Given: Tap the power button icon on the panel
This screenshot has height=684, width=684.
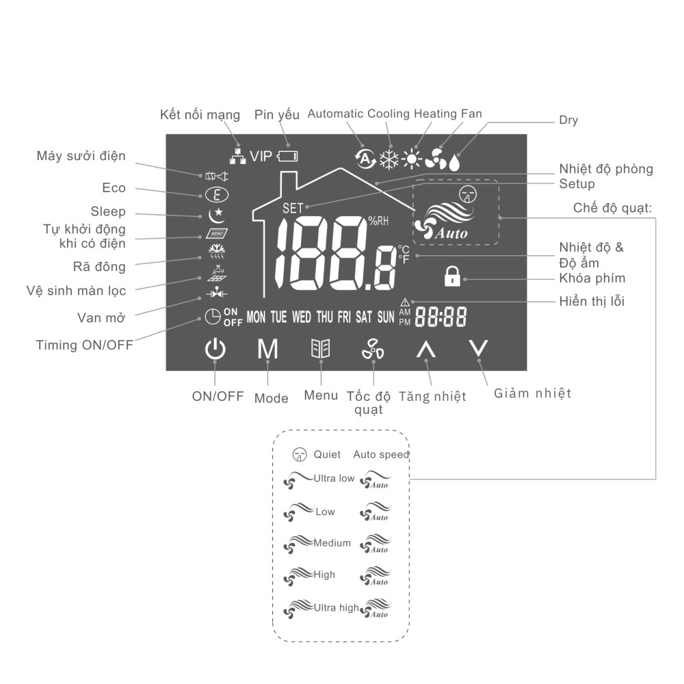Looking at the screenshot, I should point(215,350).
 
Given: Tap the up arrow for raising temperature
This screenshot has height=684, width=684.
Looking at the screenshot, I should point(426,350).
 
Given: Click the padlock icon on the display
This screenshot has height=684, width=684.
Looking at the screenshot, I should point(451,276).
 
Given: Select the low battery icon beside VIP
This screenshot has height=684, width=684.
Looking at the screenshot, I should point(288,157).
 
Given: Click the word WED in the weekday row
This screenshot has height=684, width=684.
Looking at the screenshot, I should point(302,317).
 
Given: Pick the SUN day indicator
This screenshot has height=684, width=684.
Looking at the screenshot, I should point(386,317).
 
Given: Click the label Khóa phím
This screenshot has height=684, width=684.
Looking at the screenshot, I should point(592,278).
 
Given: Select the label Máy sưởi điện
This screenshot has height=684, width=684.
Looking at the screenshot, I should point(81,156).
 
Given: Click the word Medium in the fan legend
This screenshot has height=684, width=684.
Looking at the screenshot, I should point(332,543).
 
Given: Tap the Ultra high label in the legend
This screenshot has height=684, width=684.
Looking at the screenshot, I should point(336,607).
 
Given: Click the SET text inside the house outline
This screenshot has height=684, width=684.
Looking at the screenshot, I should point(292,207).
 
